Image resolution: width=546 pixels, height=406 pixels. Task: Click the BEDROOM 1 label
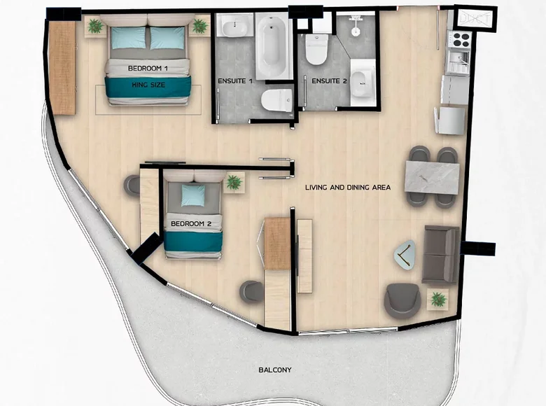click(148, 68)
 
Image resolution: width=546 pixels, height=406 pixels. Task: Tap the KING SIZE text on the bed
click(148, 85)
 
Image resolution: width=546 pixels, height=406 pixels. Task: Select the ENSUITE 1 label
click(235, 80)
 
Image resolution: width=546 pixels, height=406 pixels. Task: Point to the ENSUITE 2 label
click(329, 80)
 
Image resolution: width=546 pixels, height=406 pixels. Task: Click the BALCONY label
click(275, 370)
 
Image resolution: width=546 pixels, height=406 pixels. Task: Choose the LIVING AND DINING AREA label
click(348, 188)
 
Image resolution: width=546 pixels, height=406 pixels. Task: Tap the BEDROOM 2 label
click(191, 223)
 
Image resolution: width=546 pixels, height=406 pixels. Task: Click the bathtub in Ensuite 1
click(274, 45)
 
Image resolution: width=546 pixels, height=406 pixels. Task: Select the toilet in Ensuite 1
click(276, 100)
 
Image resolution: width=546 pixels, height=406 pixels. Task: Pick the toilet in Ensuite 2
click(316, 49)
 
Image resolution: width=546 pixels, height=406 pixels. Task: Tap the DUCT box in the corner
click(475, 18)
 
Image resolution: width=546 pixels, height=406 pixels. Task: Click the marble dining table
click(432, 177)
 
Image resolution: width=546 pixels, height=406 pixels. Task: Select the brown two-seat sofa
click(441, 254)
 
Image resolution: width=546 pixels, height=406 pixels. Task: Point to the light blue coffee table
click(405, 255)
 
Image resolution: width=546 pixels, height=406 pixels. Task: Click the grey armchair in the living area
click(402, 300)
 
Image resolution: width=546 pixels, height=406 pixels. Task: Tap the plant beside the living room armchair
click(438, 300)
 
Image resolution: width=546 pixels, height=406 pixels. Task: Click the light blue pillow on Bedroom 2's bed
click(193, 195)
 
